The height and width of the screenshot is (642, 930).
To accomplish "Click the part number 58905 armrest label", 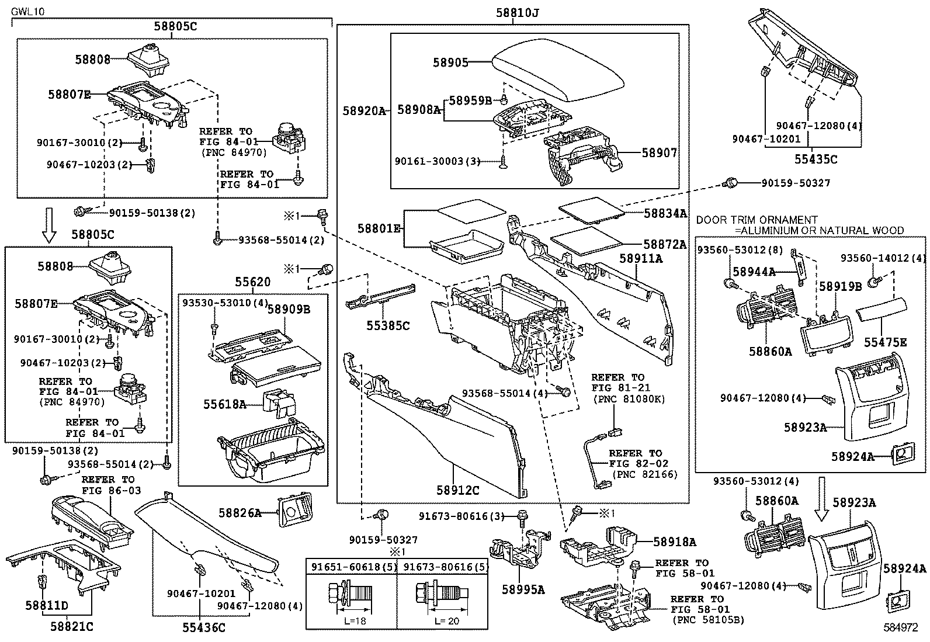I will coord(450,62).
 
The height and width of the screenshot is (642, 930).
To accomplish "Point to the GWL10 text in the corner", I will coord(27,11).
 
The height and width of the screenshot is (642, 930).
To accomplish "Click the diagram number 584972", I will coord(900,628).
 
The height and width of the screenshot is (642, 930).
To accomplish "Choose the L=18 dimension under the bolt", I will coord(355,621).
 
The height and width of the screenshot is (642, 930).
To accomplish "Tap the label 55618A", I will coord(225,404).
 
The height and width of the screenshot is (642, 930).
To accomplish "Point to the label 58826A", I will coord(240,513).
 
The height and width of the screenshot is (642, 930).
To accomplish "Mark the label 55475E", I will coord(886,342).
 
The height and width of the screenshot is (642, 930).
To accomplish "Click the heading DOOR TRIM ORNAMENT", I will coord(757,220).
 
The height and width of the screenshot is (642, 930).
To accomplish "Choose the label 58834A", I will coord(665,214).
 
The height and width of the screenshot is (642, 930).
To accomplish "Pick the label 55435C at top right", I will coord(816,158).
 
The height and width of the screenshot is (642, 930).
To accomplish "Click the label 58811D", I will coord(47,605).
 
